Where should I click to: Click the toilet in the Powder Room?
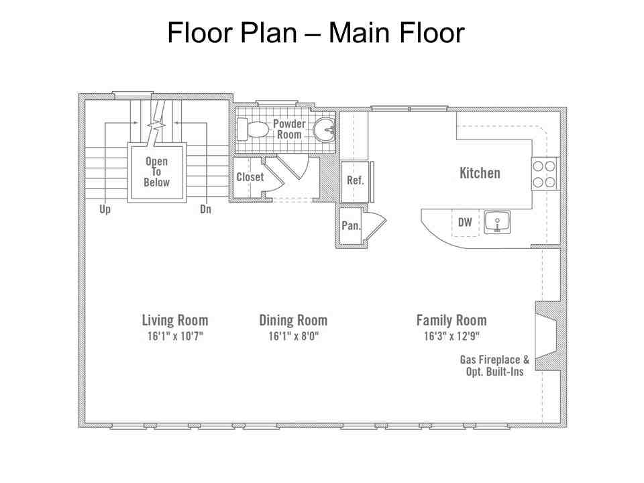pos(253,129)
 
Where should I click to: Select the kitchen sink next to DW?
pos(497,222)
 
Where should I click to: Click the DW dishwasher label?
pos(465,222)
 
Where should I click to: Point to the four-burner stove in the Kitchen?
pos(544,174)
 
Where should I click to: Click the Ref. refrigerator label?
pos(356,180)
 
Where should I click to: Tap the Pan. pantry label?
pos(351,225)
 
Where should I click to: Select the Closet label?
pos(250,177)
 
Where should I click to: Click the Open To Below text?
pos(156,172)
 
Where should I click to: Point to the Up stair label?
pos(105,209)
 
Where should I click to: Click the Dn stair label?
pos(205,209)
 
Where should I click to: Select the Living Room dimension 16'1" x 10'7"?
pos(175,336)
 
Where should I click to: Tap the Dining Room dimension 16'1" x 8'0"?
pos(294,336)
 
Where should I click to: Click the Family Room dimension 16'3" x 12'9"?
pos(451,336)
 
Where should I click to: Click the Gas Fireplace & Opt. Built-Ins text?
pos(494,366)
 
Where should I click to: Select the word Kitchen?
pos(480,173)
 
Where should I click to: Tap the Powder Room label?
pos(289,129)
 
